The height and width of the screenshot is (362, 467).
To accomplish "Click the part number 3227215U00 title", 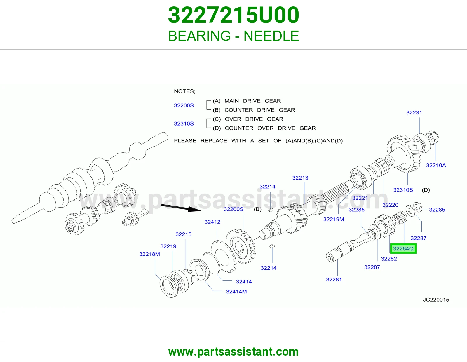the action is pos(233,15).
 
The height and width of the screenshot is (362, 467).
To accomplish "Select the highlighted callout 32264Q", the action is pos(403,249).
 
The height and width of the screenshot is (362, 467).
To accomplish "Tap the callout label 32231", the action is pos(414,113).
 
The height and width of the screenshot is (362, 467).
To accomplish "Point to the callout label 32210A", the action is pos(436,165).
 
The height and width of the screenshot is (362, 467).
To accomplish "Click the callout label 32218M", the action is pos(149,254).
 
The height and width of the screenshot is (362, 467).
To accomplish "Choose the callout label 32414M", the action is pos(236,291).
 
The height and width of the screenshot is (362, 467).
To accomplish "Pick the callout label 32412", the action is pos(212,222).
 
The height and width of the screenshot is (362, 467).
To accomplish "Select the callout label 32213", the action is pos(300,178).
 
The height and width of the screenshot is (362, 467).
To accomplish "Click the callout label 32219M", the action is pos(334,219).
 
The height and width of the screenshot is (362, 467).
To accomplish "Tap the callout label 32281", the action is pos(334,279).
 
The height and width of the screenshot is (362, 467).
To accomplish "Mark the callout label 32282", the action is pos(389,259).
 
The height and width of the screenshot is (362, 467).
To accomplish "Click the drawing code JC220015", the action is pos(436,300).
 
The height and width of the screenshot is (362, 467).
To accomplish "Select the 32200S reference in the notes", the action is pos(184,105).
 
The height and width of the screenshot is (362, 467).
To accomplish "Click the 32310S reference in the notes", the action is pos(184,123).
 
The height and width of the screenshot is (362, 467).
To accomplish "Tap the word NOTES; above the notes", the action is pos(184,91).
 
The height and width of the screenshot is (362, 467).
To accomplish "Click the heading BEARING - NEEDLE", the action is pos(233,36).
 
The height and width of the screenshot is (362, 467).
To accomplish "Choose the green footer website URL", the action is pos(233,352).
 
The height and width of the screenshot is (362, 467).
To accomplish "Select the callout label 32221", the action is pos(360,198).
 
